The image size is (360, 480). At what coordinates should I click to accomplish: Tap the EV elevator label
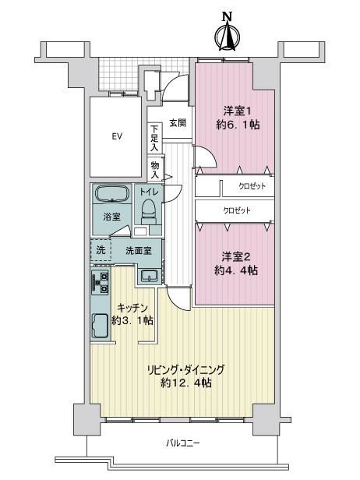117,136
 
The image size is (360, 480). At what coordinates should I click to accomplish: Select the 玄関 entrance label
178,123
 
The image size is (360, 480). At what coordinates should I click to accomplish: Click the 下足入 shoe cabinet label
154,139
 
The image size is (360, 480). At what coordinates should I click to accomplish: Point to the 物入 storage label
155,170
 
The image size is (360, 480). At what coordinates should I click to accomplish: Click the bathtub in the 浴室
112,193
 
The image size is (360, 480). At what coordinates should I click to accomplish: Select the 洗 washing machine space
101,250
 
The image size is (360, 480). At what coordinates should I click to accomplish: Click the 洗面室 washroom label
139,251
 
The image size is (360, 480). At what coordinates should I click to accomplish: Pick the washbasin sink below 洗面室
149,276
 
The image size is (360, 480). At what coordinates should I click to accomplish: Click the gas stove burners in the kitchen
101,283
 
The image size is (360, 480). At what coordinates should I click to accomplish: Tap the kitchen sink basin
100,326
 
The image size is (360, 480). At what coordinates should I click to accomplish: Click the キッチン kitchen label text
132,307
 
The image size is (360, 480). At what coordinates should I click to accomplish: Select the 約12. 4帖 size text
186,383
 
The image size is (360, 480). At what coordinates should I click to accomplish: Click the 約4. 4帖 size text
236,270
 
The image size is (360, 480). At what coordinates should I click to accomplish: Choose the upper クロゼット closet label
252,186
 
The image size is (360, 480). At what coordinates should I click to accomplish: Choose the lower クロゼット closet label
237,210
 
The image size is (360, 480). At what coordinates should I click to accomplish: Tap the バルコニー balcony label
183,443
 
